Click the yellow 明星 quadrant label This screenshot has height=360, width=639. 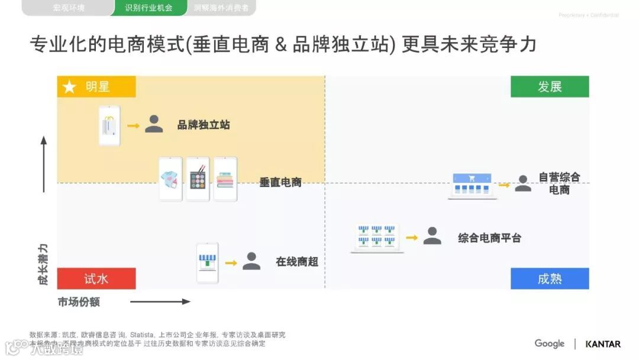[x=97, y=87]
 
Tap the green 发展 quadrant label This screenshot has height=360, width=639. [x=550, y=87]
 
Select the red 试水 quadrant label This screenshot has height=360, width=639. [x=96, y=279]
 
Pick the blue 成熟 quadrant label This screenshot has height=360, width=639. [x=550, y=279]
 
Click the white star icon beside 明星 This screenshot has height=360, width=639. [x=69, y=88]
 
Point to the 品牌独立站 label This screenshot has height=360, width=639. [x=204, y=125]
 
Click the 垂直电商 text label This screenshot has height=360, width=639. [x=280, y=182]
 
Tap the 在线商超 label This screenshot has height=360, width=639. [x=297, y=262]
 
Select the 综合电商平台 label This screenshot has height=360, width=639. [x=490, y=238]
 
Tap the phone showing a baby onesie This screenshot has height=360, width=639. [x=171, y=179]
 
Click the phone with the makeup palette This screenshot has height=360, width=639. [x=198, y=179]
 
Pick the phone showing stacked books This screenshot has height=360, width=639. [x=225, y=179]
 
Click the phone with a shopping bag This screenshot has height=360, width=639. [x=109, y=126]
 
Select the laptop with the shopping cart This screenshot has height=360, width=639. [x=472, y=185]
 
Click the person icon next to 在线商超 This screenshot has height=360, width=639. [x=251, y=262]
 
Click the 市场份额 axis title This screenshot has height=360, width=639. [x=79, y=302]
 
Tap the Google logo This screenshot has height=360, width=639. [x=550, y=343]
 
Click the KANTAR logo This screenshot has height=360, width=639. [x=603, y=344]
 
